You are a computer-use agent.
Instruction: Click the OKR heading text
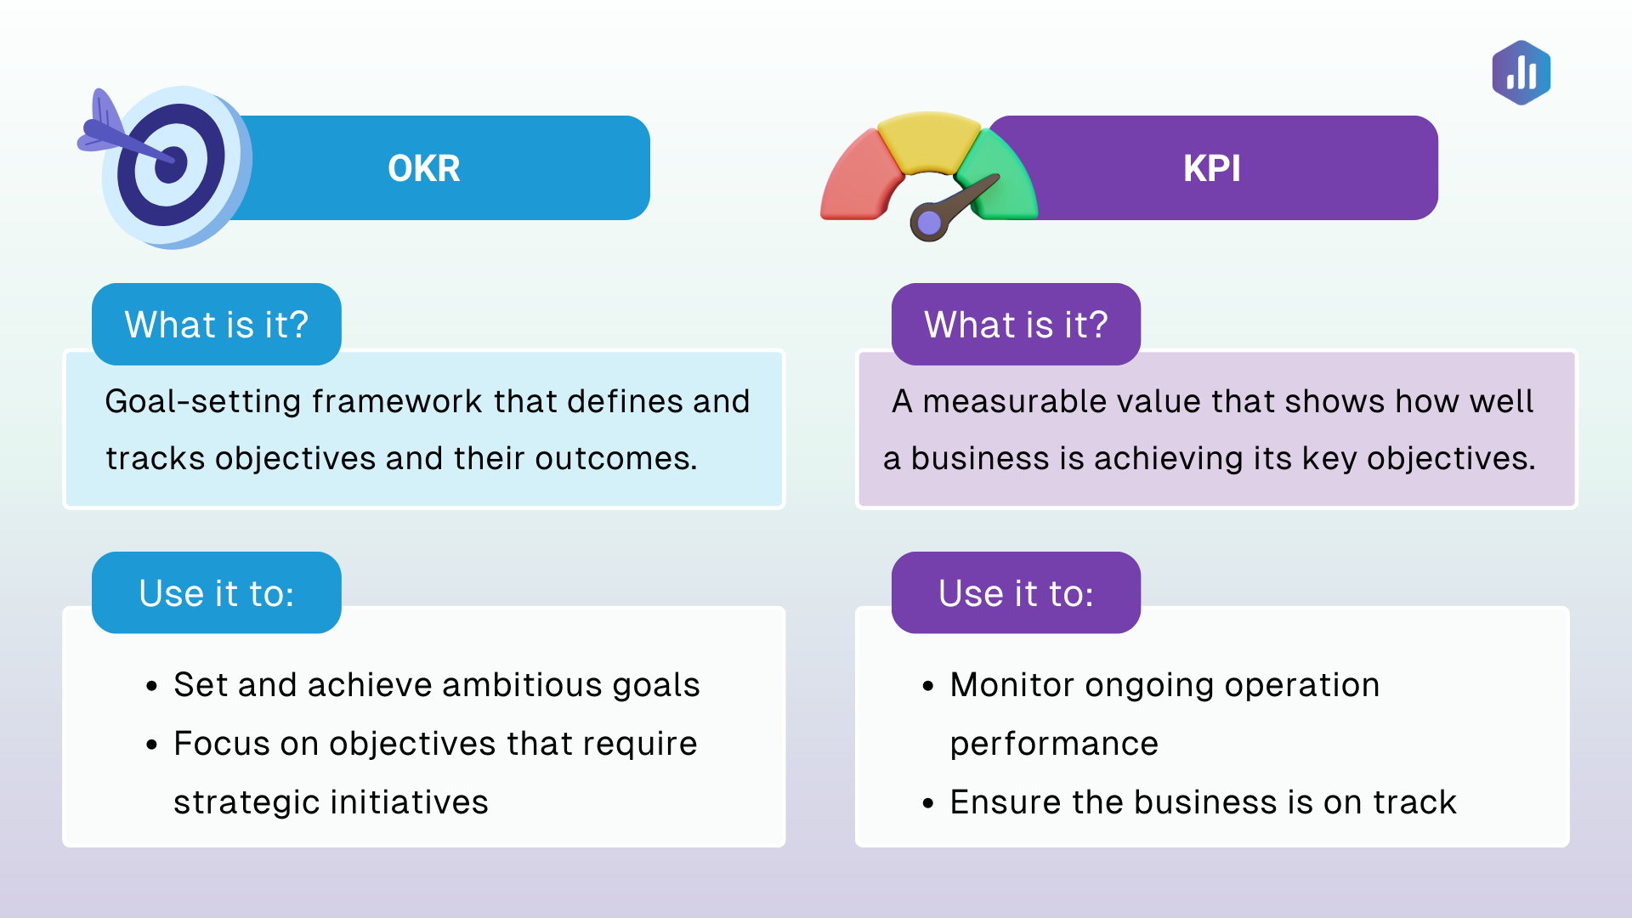point(423,168)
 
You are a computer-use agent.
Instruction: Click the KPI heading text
point(1211,168)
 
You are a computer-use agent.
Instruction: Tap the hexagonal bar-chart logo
point(1521,73)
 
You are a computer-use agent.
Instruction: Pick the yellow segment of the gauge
point(928,140)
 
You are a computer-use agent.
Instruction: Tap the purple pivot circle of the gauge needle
point(929,224)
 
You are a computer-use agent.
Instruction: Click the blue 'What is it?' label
point(216,325)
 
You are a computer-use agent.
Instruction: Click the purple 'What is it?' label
point(1016,325)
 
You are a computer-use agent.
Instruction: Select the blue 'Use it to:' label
point(216,593)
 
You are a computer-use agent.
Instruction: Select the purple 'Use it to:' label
point(1016,593)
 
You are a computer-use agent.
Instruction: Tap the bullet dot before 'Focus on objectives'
point(152,745)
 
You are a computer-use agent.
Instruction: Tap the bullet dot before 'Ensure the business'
point(928,803)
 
